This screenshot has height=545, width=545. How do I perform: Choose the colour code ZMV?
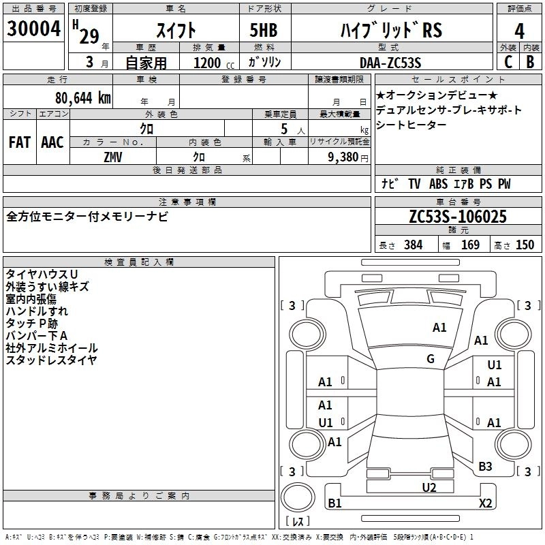(113, 156)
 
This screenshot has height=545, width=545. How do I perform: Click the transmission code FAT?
(20, 142)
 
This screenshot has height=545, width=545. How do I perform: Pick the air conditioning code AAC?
(52, 142)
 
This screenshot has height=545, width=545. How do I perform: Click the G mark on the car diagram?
(431, 359)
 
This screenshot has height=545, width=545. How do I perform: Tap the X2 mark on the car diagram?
(485, 503)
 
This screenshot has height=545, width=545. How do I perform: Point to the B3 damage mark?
(485, 466)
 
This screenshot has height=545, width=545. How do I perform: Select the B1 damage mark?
(334, 503)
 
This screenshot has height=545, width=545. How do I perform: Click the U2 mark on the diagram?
(429, 487)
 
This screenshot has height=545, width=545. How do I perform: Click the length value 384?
(413, 245)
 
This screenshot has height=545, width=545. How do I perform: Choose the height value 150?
(525, 245)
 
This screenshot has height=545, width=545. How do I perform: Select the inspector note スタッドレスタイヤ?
(51, 360)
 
